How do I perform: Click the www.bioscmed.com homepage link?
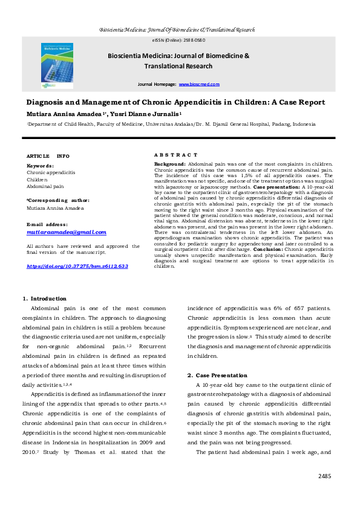pos(199,85)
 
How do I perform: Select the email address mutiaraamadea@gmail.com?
pos(67,232)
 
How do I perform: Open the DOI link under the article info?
pos(77,265)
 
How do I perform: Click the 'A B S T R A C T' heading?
pos(175,155)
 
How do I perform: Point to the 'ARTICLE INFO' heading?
pos(48,156)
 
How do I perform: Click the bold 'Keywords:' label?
pos(40,166)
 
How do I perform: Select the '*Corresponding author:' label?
pos(58,199)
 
